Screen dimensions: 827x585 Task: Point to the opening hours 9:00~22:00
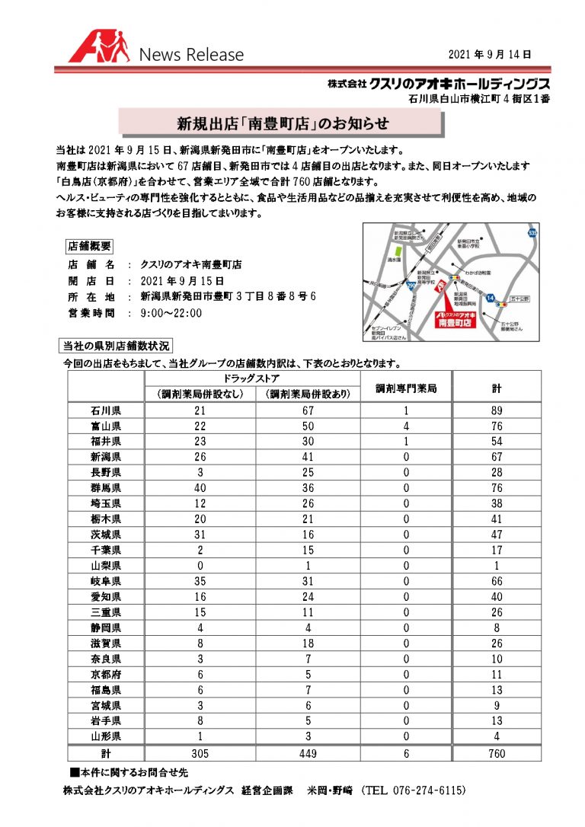point(173,313)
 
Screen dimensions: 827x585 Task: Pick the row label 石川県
point(106,411)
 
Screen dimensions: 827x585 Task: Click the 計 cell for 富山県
point(497,426)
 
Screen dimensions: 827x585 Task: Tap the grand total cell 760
point(497,753)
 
